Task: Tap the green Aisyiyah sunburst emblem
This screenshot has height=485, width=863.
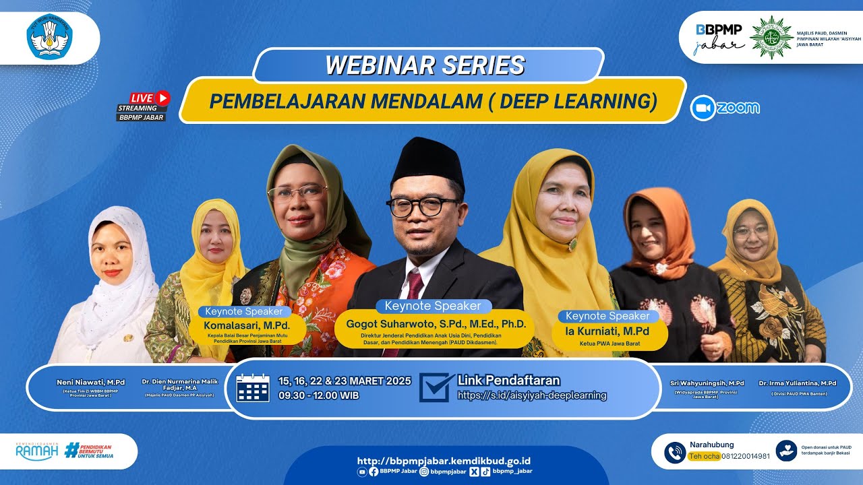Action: [x=771, y=38]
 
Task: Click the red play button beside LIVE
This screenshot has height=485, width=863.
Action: [x=162, y=98]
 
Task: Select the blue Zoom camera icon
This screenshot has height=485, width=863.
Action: [x=703, y=108]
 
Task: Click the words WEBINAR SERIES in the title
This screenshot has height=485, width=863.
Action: [x=425, y=65]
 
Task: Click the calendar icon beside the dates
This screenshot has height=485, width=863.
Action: [x=253, y=389]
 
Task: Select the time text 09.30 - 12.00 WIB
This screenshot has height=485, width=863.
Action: [x=319, y=395]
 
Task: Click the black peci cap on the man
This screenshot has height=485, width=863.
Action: [x=428, y=162]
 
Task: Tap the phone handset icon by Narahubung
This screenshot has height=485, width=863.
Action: [x=674, y=452]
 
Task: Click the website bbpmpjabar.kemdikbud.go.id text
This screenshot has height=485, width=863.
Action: [x=444, y=461]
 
